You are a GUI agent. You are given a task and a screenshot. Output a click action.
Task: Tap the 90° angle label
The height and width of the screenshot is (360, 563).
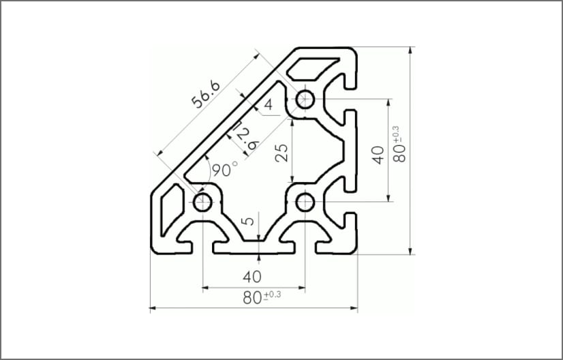click(x=224, y=169)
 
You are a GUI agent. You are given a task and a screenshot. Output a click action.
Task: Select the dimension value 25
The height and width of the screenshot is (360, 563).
click(x=281, y=151)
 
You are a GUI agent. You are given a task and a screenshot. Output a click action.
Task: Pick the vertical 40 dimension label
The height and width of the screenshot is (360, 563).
click(x=377, y=150)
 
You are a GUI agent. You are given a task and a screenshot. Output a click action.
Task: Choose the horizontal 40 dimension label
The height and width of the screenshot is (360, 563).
click(x=253, y=277)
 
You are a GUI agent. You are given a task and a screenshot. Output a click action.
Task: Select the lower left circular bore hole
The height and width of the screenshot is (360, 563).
click(x=202, y=202)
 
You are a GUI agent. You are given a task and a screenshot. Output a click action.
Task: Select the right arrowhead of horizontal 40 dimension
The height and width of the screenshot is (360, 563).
click(x=301, y=288)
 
